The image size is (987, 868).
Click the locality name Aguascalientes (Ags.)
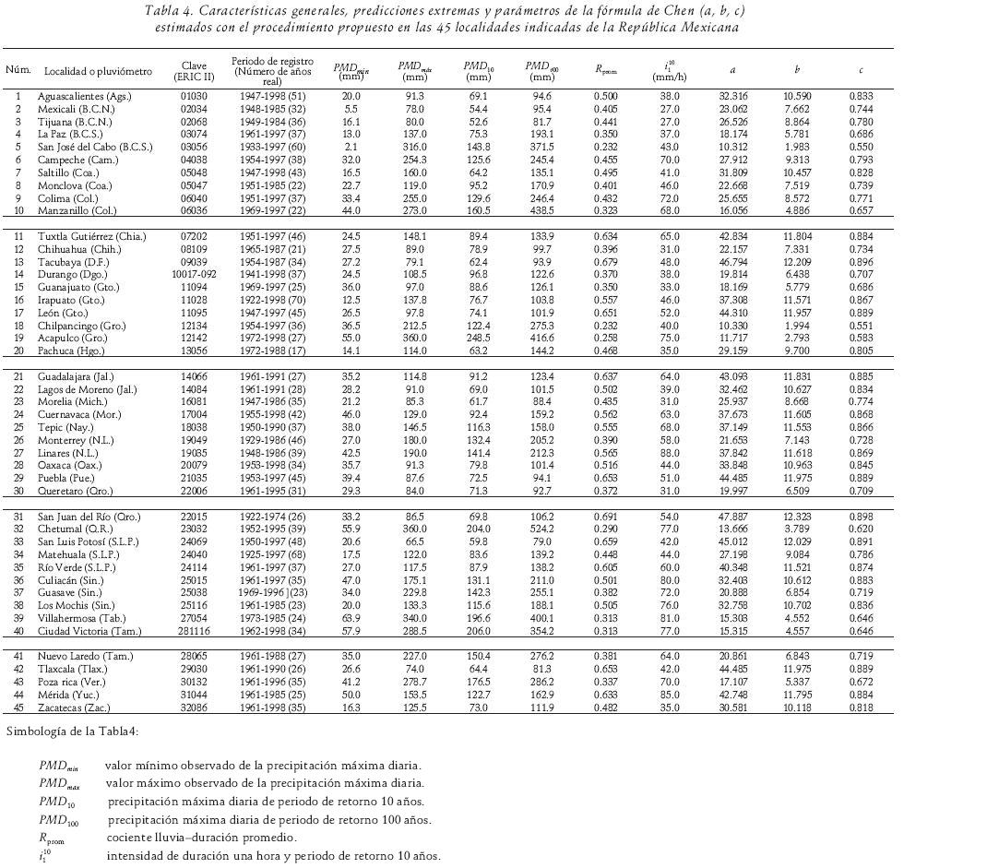[x=84, y=96]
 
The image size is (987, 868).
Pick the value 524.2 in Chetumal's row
[x=542, y=529]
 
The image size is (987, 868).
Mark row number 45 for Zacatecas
[x=18, y=707]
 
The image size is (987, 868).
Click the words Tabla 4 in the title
[x=169, y=11]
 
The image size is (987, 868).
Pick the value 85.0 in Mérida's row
[x=670, y=695]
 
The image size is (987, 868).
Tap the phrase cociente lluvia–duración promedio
[x=201, y=838]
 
